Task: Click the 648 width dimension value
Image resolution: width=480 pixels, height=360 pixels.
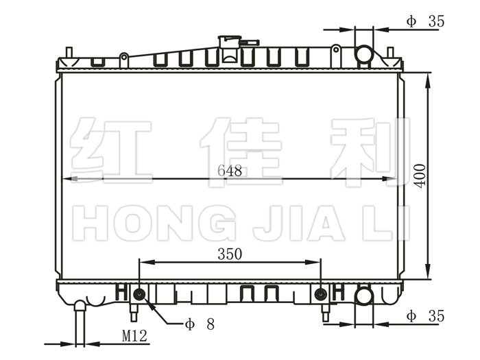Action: click(230, 171)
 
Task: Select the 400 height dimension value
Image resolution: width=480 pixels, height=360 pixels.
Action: click(420, 176)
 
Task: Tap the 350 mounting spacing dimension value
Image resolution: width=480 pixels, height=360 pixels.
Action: click(230, 254)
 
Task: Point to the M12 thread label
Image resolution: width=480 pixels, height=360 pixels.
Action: click(134, 336)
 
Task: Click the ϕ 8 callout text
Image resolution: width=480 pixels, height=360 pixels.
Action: click(200, 324)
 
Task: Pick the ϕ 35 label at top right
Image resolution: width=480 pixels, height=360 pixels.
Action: click(425, 21)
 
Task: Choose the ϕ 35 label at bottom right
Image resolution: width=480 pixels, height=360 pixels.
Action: click(425, 315)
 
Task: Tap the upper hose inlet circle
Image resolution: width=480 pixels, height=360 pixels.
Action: click(364, 54)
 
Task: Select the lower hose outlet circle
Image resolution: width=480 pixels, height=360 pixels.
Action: click(364, 296)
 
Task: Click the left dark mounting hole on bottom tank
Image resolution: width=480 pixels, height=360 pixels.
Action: click(140, 294)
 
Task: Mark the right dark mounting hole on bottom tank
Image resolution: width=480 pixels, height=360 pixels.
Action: click(321, 294)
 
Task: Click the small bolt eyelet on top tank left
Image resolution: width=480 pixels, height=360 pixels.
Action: click(124, 57)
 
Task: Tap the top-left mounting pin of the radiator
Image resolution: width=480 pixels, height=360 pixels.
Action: click(69, 52)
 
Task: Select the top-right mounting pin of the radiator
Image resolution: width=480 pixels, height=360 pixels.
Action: click(390, 52)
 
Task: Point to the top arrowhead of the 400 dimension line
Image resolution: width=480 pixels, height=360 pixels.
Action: click(428, 80)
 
